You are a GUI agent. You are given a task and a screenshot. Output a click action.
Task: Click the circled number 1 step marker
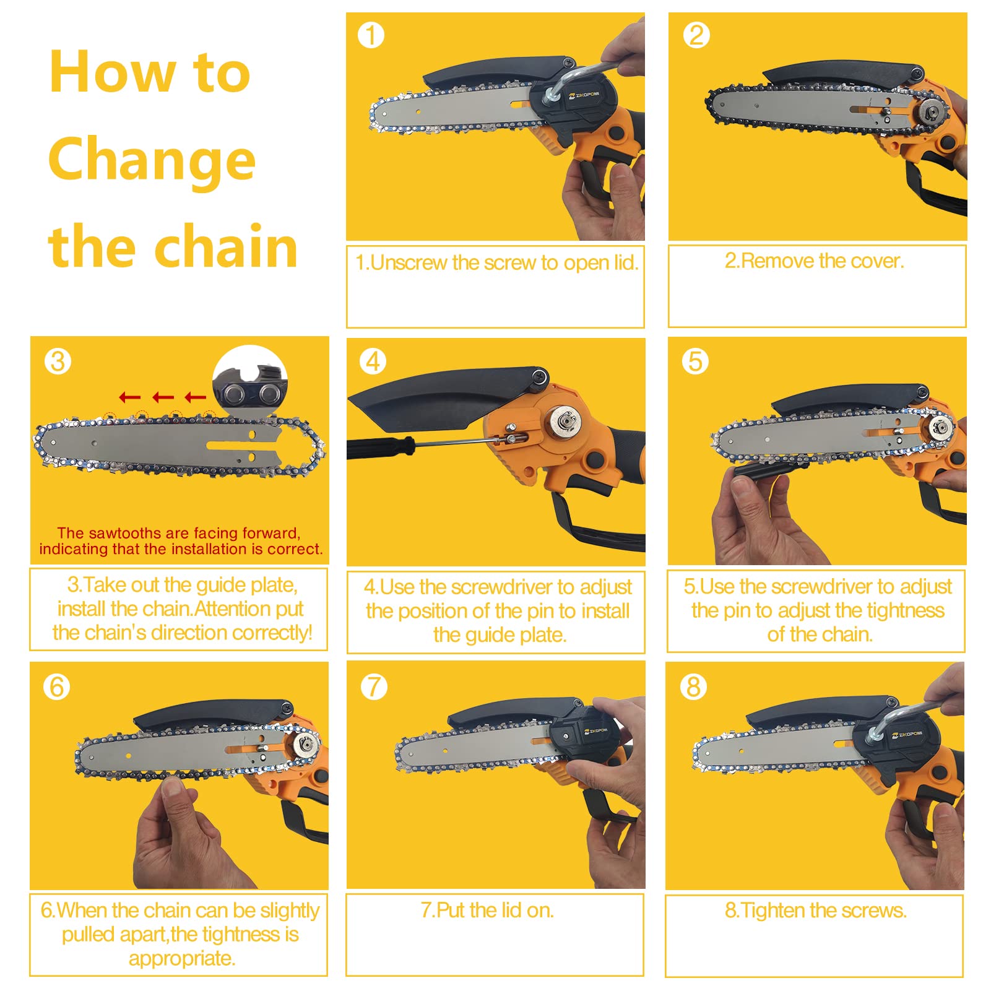371,35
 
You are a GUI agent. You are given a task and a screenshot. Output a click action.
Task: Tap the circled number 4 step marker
373,361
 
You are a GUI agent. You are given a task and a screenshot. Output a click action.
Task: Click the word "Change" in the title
152,160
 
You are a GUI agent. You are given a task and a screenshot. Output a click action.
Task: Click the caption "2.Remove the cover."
815,261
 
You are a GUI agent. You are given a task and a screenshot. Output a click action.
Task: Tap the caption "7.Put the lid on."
487,910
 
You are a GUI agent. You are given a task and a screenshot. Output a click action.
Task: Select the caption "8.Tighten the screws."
816,910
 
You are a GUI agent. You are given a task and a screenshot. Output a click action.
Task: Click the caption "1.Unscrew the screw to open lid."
496,262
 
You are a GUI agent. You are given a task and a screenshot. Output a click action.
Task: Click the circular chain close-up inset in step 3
250,381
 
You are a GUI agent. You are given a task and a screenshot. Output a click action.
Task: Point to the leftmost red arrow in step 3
129,397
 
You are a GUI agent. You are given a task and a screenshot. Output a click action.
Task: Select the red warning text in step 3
180,541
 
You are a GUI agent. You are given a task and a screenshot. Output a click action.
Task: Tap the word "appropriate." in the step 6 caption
182,959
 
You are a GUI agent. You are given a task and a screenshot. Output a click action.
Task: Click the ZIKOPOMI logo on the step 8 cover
907,735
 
